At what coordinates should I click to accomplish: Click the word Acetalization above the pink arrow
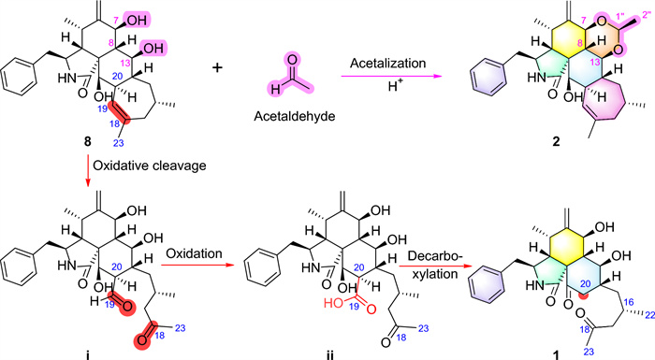click(x=388, y=64)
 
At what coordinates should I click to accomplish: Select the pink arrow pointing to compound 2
click(x=391, y=77)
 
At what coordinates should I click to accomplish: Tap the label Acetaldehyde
click(x=295, y=116)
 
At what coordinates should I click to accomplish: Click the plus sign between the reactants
click(x=217, y=67)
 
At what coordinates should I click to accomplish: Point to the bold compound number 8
click(x=87, y=142)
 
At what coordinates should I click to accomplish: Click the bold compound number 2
click(x=556, y=142)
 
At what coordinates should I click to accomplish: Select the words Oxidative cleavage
click(x=150, y=166)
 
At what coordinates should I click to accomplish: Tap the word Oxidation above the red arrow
click(x=195, y=253)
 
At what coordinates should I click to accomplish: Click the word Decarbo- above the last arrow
click(x=435, y=256)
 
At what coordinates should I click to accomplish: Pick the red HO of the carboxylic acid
click(x=333, y=303)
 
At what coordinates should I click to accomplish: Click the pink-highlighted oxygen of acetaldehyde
click(x=292, y=60)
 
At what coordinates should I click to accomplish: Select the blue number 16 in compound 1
click(x=629, y=302)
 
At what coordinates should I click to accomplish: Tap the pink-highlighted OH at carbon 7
click(x=137, y=20)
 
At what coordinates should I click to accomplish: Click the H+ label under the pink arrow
click(x=395, y=88)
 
